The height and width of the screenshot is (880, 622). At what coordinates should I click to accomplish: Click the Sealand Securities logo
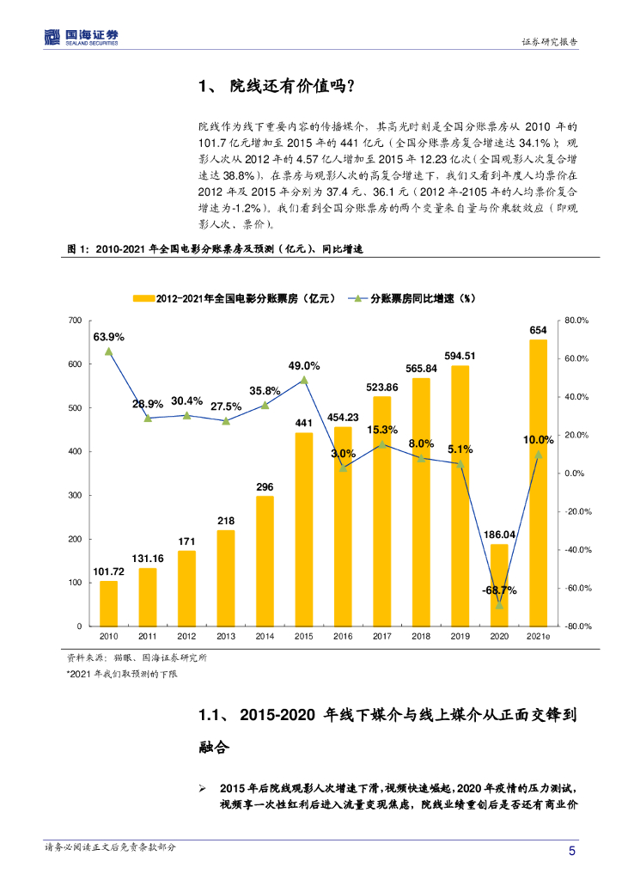pyautogui.click(x=81, y=37)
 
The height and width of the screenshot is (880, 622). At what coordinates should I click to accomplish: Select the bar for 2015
pyautogui.click(x=303, y=529)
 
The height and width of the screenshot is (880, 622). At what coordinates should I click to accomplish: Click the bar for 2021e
pyautogui.click(x=538, y=482)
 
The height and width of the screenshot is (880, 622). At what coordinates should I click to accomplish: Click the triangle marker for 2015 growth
pyautogui.click(x=303, y=380)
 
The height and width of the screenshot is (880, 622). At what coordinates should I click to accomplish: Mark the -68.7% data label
pyautogui.click(x=498, y=590)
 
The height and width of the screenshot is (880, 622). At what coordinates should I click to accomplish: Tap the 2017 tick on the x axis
pyautogui.click(x=381, y=636)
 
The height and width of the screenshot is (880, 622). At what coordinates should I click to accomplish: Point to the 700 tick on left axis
pyautogui.click(x=76, y=321)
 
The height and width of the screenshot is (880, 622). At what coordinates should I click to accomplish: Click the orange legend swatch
pyautogui.click(x=143, y=298)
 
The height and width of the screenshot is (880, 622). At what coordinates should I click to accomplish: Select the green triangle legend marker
pyautogui.click(x=358, y=298)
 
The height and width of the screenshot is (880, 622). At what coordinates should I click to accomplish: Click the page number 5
pyautogui.click(x=572, y=851)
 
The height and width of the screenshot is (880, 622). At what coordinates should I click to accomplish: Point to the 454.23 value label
pyautogui.click(x=343, y=417)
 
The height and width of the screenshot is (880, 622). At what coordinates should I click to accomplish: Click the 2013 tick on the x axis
pyautogui.click(x=225, y=636)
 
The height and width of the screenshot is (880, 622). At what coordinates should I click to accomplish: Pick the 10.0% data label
pyautogui.click(x=538, y=440)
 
